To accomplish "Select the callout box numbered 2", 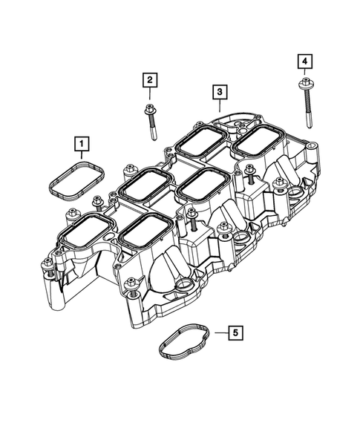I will pyautogui.click(x=150, y=79).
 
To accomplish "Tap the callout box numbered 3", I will pyautogui.click(x=220, y=92).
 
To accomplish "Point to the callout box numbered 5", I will pyautogui.click(x=234, y=334).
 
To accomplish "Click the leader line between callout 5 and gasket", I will pyautogui.click(x=217, y=334).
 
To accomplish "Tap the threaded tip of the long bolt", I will pyautogui.click(x=306, y=122).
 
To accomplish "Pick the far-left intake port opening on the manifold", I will pyautogui.click(x=81, y=229).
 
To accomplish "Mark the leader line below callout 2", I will pyautogui.click(x=149, y=96).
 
